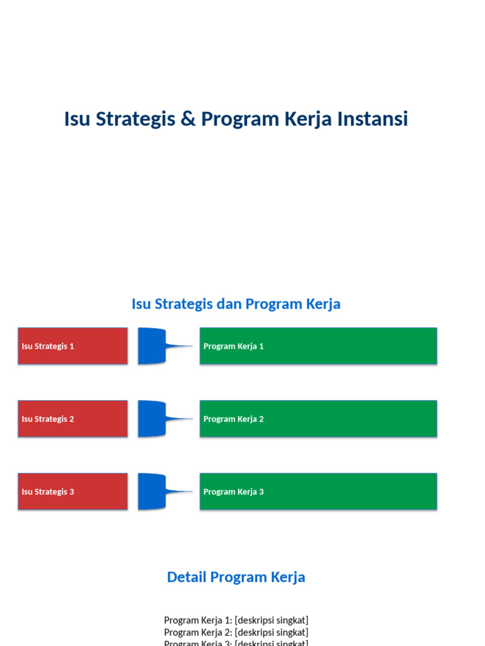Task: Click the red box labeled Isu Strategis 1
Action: click(x=73, y=346)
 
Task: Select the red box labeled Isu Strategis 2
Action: click(x=73, y=419)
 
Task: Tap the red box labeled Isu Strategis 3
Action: click(x=73, y=491)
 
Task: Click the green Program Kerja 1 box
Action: click(x=318, y=346)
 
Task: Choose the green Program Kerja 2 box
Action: click(x=318, y=419)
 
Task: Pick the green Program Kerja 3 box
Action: click(x=318, y=491)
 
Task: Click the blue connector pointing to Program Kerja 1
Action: click(x=153, y=346)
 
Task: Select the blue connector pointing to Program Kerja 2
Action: click(x=153, y=419)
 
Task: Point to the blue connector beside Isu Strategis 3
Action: click(x=153, y=491)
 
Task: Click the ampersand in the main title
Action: click(x=188, y=119)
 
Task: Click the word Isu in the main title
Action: click(x=78, y=119)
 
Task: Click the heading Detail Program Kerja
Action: click(x=236, y=577)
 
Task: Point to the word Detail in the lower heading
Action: click(x=186, y=577)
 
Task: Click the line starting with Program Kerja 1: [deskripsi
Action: click(x=236, y=620)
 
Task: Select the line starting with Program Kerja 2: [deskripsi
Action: click(x=236, y=632)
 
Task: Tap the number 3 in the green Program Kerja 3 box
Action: click(x=261, y=492)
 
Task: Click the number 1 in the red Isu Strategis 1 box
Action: click(x=71, y=346)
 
